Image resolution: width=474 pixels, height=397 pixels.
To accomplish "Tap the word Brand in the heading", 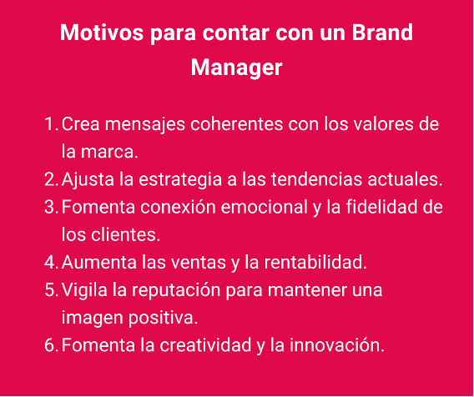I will click(382, 34).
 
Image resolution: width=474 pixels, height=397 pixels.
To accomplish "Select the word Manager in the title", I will click(237, 68).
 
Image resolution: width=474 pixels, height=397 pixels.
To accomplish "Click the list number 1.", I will click(49, 125).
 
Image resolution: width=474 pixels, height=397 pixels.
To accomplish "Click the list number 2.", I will click(49, 180).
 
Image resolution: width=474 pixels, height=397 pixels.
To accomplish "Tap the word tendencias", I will click(302, 180).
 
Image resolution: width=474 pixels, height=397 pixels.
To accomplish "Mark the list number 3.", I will click(49, 208).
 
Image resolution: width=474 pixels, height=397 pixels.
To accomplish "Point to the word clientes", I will click(129, 235).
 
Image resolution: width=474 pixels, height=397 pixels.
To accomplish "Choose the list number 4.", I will click(49, 263).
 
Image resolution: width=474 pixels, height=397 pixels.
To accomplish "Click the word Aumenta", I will click(98, 263).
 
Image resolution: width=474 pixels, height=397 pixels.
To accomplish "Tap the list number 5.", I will click(49, 290).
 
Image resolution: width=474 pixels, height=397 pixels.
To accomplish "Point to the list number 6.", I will click(49, 345).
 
